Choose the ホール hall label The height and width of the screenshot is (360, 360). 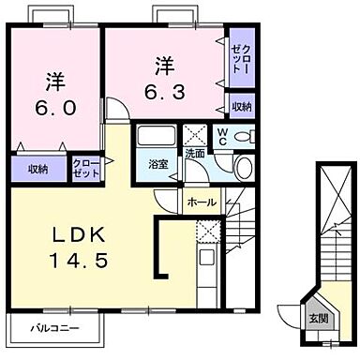coord(202,202)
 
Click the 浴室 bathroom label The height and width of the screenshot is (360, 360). coord(157,164)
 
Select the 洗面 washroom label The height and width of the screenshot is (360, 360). coord(194,153)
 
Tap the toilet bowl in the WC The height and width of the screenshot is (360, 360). coord(245,138)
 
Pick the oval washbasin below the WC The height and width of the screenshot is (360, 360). coord(242,169)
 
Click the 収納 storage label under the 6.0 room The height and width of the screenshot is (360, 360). coord(37,169)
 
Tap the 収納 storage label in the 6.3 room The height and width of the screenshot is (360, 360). coord(241,108)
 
